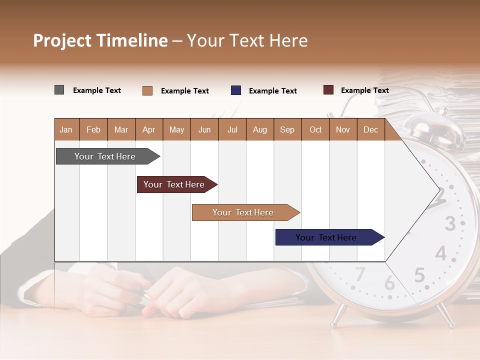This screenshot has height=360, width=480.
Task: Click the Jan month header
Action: pos(66,130)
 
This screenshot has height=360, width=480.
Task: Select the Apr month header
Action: pos(148,130)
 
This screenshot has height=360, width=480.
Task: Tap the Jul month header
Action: pos(232,130)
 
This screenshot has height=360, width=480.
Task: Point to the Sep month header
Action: pos(287,130)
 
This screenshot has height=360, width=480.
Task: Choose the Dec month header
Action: pos(370,130)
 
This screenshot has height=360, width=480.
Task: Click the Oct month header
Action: pos(315,130)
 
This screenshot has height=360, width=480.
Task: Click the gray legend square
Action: pos(59,90)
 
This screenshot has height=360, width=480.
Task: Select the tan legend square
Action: pos(147,90)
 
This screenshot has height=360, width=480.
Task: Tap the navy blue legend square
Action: pos(236,90)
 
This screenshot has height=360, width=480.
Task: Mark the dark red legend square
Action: pos(328,90)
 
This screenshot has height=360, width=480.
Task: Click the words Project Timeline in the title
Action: pos(100,40)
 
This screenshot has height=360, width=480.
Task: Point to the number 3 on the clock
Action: pos(450,223)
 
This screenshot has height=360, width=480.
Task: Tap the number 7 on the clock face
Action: pos(360,274)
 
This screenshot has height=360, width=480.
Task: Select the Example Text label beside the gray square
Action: pos(97,90)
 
